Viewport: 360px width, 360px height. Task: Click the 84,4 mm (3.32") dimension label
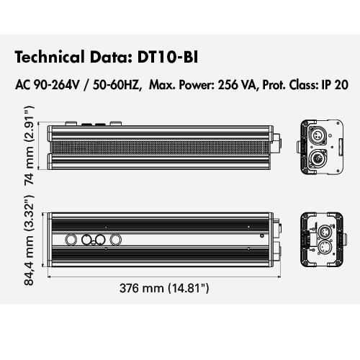(29, 244)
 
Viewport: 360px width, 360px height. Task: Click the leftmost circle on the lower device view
(72, 240)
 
